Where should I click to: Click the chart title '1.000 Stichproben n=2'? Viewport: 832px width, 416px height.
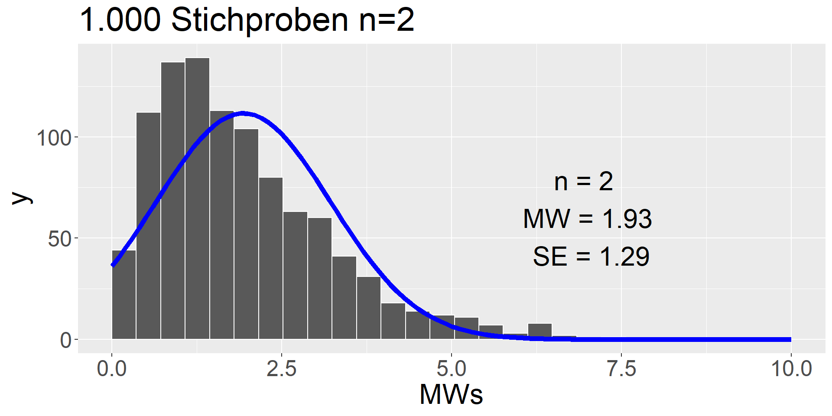pos(247,20)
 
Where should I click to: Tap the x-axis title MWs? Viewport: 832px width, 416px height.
pos(451,394)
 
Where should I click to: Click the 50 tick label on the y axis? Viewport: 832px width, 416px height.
pos(60,239)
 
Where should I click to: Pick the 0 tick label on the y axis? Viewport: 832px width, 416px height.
pos(66,341)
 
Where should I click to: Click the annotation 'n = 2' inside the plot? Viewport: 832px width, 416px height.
pos(583,182)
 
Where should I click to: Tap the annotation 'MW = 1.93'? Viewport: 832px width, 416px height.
pos(587,219)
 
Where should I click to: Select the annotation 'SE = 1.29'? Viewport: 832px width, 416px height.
pos(591,257)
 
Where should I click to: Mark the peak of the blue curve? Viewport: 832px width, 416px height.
pos(243,114)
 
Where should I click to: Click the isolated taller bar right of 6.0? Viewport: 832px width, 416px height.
pos(540,331)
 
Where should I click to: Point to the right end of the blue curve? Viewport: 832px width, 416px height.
pos(790,339)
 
